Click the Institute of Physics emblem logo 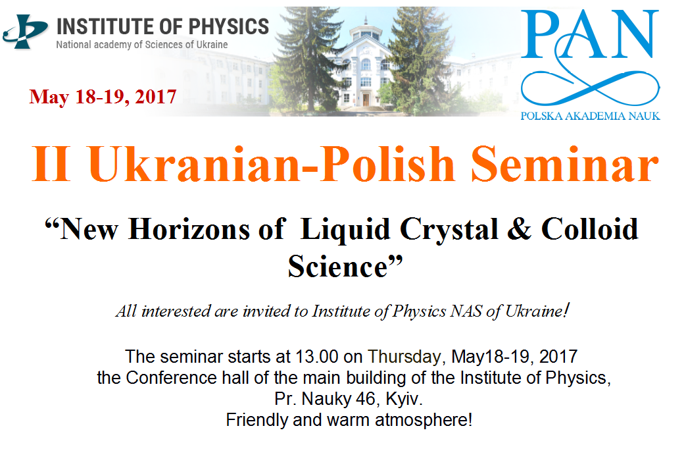pyautogui.click(x=25, y=32)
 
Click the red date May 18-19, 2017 pyautogui.click(x=103, y=97)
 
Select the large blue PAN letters pyautogui.click(x=590, y=34)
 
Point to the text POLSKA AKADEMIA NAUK pyautogui.click(x=590, y=116)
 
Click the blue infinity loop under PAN pyautogui.click(x=590, y=85)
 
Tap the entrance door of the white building pyautogui.click(x=366, y=100)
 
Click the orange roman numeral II pyautogui.click(x=51, y=164)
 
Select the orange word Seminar pyautogui.click(x=564, y=164)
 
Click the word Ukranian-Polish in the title pyautogui.click(x=272, y=164)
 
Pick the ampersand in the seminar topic pyautogui.click(x=519, y=229)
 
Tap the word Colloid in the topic pyautogui.click(x=590, y=229)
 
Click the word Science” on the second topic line pyautogui.click(x=345, y=266)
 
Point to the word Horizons pyautogui.click(x=189, y=229)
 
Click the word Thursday pyautogui.click(x=406, y=357)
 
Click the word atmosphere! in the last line pyautogui.click(x=424, y=420)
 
